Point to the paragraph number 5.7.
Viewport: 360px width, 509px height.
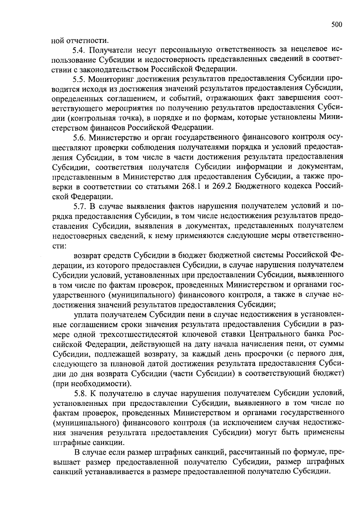(79, 206)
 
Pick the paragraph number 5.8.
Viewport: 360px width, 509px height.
(79, 393)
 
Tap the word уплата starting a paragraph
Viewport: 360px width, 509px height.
(86, 315)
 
